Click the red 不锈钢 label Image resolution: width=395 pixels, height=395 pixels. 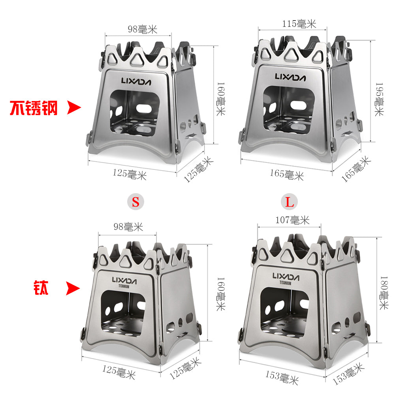34,108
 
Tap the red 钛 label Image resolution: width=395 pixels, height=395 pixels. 41,288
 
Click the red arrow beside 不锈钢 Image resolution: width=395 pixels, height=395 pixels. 74,107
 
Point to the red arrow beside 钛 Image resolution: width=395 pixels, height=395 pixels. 73,288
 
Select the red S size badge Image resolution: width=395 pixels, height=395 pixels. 135,202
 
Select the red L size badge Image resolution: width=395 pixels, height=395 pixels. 290,202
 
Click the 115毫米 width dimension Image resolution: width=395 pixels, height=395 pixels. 299,24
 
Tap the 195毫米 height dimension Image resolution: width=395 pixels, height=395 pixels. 379,99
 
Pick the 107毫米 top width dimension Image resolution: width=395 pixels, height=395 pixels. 292,220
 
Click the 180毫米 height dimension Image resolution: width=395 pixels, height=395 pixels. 384,293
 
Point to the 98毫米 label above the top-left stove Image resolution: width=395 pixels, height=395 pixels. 142,29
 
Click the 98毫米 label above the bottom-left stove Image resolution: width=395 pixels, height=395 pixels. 128,227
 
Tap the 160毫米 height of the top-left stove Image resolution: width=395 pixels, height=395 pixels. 221,99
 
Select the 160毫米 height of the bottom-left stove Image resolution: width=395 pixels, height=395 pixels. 221,294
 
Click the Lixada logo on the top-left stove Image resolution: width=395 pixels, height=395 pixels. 136,81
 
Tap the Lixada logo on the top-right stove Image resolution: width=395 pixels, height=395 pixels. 290,77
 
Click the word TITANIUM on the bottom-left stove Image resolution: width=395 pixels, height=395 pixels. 124,286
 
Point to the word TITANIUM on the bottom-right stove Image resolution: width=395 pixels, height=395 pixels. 286,283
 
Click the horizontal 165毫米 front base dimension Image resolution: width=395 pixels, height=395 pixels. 287,174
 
